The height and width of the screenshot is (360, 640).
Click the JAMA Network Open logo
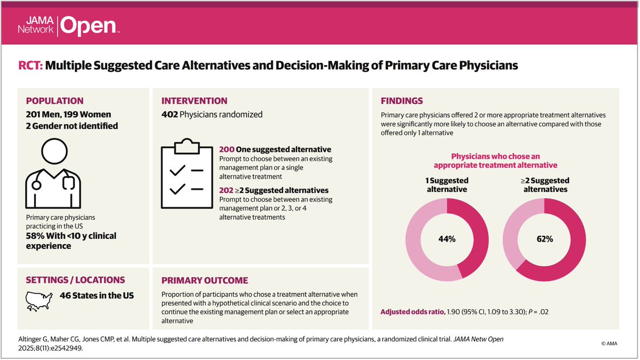point(68,25)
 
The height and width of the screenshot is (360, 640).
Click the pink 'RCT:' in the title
point(30,66)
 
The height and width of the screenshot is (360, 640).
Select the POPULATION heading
point(54,101)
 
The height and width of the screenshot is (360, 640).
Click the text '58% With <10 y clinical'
point(71,236)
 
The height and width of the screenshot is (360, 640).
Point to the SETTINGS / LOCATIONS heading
point(75,280)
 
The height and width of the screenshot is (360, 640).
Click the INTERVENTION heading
point(194,101)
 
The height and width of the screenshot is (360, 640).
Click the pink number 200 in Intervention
point(227,149)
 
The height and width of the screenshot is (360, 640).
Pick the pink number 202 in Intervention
point(227,190)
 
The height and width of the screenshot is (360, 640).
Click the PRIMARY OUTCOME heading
point(204,281)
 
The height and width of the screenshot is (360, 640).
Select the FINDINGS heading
point(402,101)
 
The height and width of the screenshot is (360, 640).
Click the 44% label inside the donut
point(447,239)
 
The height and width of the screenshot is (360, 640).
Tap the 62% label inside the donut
point(545,239)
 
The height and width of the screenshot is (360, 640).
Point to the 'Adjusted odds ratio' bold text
point(413,311)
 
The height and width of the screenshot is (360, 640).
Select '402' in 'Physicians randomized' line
point(170,114)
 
